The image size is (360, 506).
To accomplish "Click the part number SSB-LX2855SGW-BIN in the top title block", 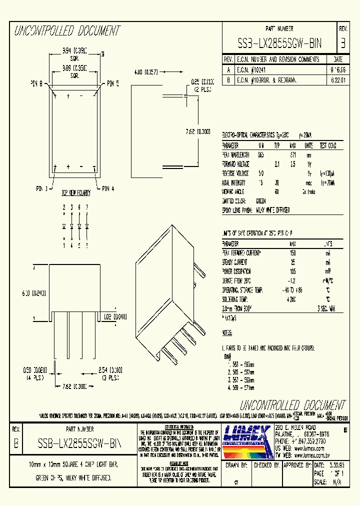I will click(x=279, y=43).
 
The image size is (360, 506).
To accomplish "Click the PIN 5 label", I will click(x=110, y=84).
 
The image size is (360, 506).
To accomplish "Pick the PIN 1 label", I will click(x=42, y=188).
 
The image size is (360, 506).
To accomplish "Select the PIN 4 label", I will click(x=108, y=188).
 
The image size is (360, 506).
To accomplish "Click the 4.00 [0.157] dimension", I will click(x=146, y=72).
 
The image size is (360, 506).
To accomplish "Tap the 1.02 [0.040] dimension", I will click(x=114, y=316).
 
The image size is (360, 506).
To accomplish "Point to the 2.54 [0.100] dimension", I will click(x=110, y=370).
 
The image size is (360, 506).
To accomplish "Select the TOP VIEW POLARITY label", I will click(x=76, y=192).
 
